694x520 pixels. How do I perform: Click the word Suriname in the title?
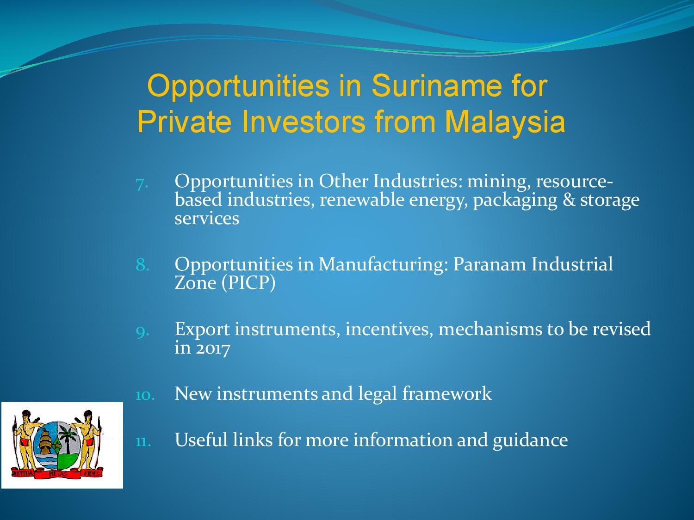coord(437,86)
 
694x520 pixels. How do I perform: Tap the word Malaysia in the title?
coord(505,122)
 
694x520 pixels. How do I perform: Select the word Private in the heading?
coord(184,122)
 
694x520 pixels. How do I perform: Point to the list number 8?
coord(143,264)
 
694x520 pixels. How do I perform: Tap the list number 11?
coord(143,441)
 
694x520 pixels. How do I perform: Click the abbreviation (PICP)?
coord(248,283)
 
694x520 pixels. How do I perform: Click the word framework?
coord(447,394)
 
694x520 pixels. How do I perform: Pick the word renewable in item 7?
coord(362,200)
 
